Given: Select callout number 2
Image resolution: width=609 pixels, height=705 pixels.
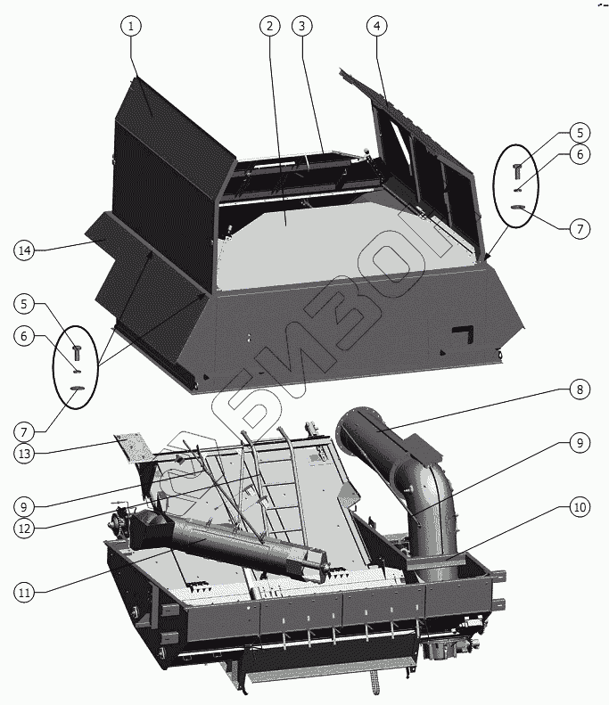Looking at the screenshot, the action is click(x=267, y=27).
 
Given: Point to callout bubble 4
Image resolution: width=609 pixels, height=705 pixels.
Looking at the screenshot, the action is click(x=376, y=27).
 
